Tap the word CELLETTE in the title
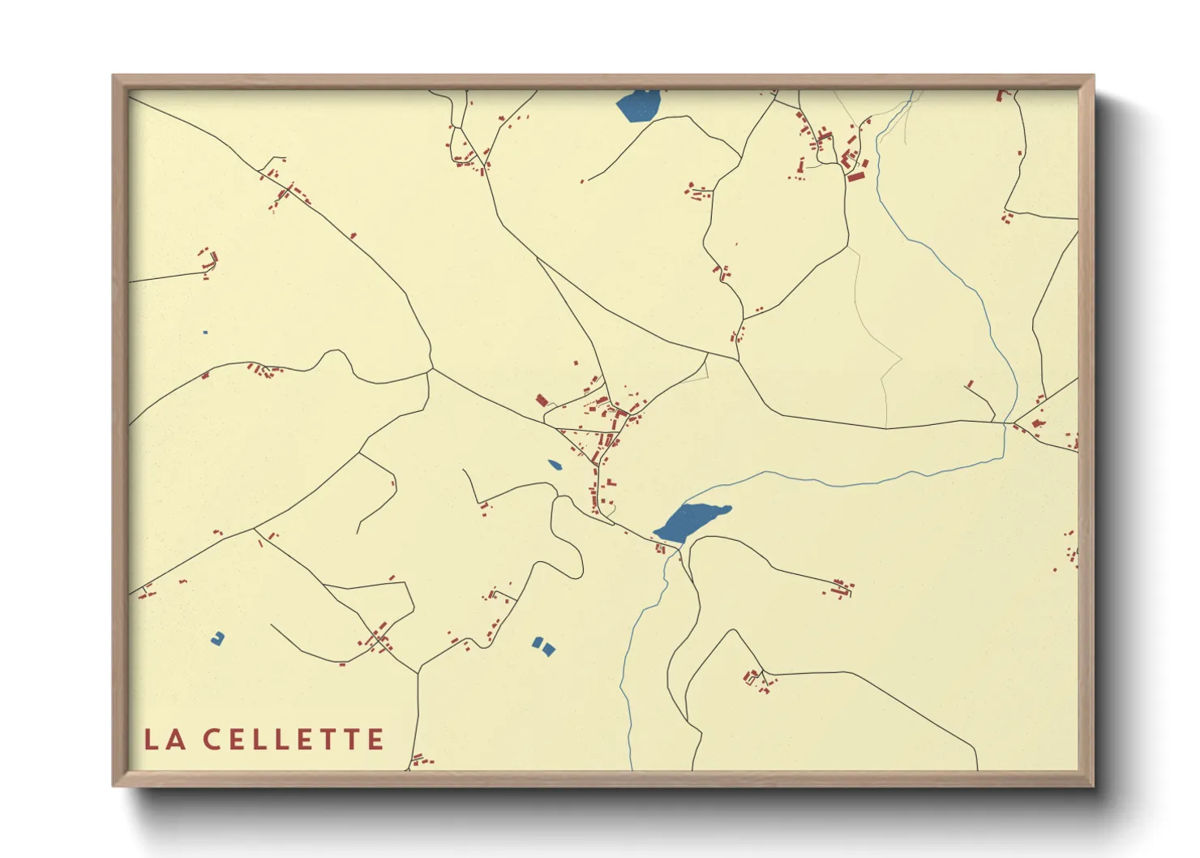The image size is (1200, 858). pos(293,740)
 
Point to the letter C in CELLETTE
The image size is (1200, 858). pos(212,740)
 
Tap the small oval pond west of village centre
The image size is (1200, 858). pos(555,465)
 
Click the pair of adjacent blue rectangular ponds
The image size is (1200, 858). pos(543,646)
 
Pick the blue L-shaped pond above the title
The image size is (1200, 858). pos(217,639)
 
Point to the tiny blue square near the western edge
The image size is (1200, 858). pos(205,332)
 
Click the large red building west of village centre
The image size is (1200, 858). pos(542,400)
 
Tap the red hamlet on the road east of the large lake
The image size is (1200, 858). pos(840,589)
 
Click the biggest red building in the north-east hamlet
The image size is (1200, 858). pos(856,175)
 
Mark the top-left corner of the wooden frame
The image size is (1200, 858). pos(114,76)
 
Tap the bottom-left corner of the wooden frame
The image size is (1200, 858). pos(114,785)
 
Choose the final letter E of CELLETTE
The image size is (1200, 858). pos(375,740)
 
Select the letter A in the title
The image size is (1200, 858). pos(176,740)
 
